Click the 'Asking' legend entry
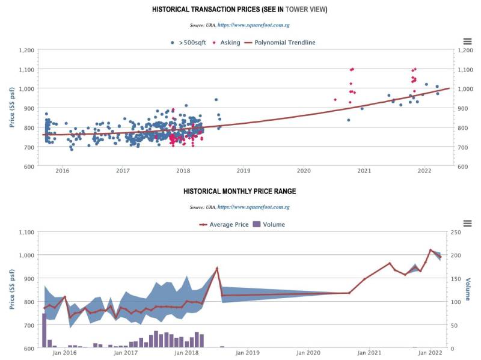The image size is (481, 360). pyautogui.click(x=229, y=43)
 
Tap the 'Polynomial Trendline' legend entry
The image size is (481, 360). pyautogui.click(x=284, y=43)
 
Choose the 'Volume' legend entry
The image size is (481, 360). pyautogui.click(x=273, y=224)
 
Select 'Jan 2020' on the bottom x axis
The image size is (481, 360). pyautogui.click(x=311, y=353)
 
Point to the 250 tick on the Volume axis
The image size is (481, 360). pyautogui.click(x=456, y=232)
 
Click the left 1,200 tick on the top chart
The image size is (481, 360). pyautogui.click(x=26, y=50)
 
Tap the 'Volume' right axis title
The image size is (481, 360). pyautogui.click(x=468, y=288)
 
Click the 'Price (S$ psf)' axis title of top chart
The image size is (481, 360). pyautogui.click(x=12, y=108)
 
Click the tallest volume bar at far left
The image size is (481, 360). pyautogui.click(x=44, y=330)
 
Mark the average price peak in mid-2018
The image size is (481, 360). pyautogui.click(x=217, y=268)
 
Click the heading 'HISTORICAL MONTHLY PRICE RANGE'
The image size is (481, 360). pyautogui.click(x=239, y=192)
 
